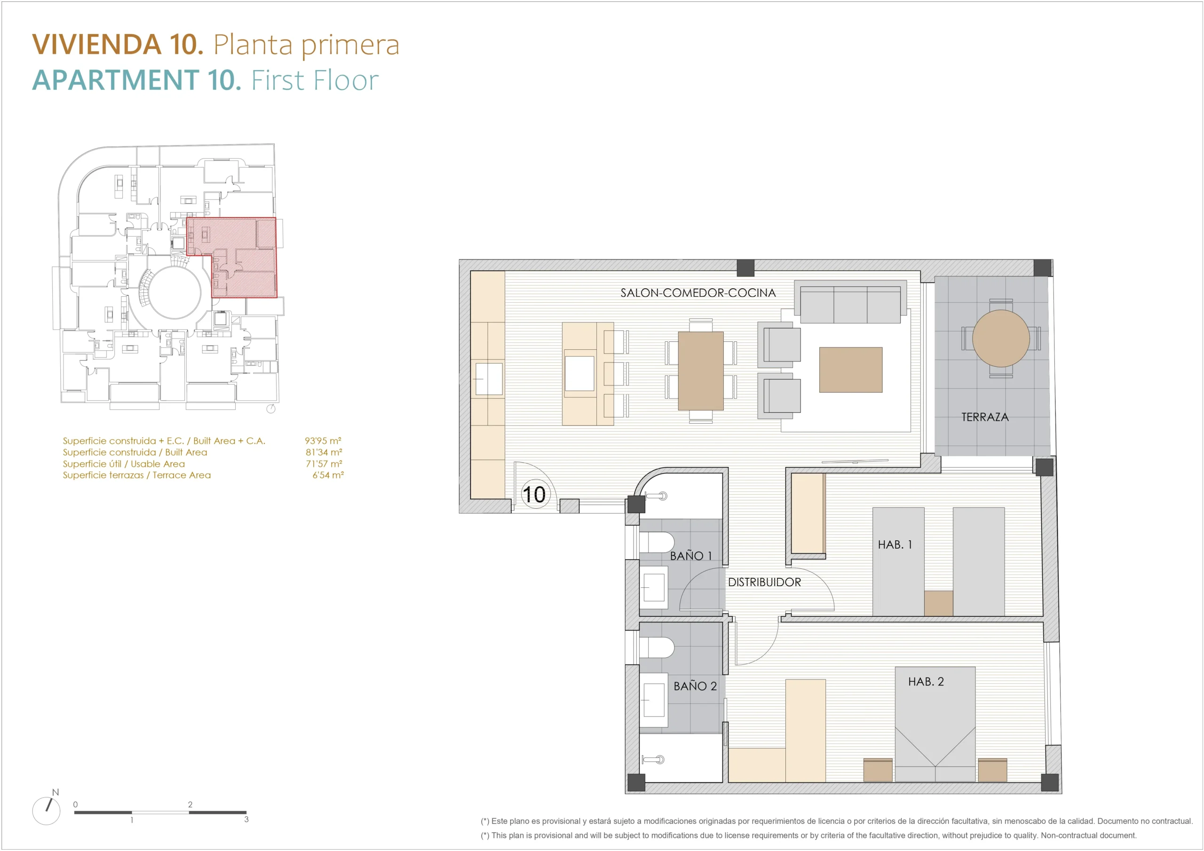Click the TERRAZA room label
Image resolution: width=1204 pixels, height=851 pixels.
coord(985,417)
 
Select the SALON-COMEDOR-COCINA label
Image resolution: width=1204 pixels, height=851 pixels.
coord(698,292)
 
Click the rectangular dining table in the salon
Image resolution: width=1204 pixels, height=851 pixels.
coord(701,370)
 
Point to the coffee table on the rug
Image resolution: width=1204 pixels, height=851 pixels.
coord(851,370)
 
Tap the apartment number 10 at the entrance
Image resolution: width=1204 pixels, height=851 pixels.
coord(534,495)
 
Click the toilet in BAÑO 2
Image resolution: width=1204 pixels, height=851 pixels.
coord(657,647)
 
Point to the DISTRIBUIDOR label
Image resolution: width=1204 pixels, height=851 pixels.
coord(764,582)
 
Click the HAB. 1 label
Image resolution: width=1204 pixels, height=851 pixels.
coord(895,545)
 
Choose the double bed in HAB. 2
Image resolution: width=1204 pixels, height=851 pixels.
coord(935,724)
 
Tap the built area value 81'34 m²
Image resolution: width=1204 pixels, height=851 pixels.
coord(324,452)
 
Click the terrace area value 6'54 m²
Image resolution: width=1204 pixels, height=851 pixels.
coord(328,475)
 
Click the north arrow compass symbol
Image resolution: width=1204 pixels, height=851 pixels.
coord(46,811)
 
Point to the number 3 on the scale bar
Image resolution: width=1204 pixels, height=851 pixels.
coord(246,819)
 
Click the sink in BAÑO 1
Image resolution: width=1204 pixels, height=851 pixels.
coord(654,587)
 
